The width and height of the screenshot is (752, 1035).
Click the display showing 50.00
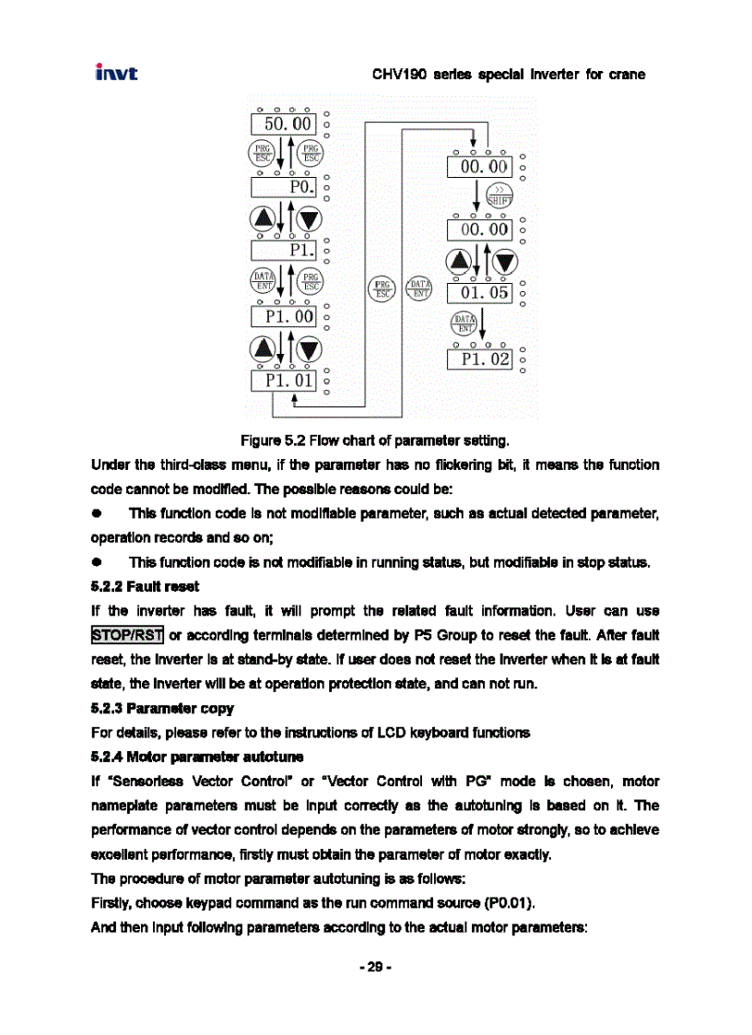click(284, 124)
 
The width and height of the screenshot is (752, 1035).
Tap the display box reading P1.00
click(284, 316)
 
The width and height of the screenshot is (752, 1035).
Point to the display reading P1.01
click(284, 379)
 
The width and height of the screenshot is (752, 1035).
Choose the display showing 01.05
click(478, 293)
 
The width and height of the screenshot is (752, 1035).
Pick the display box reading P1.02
click(478, 358)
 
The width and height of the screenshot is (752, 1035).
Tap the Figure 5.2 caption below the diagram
click(375, 438)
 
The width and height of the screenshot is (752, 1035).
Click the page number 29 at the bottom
click(375, 970)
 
